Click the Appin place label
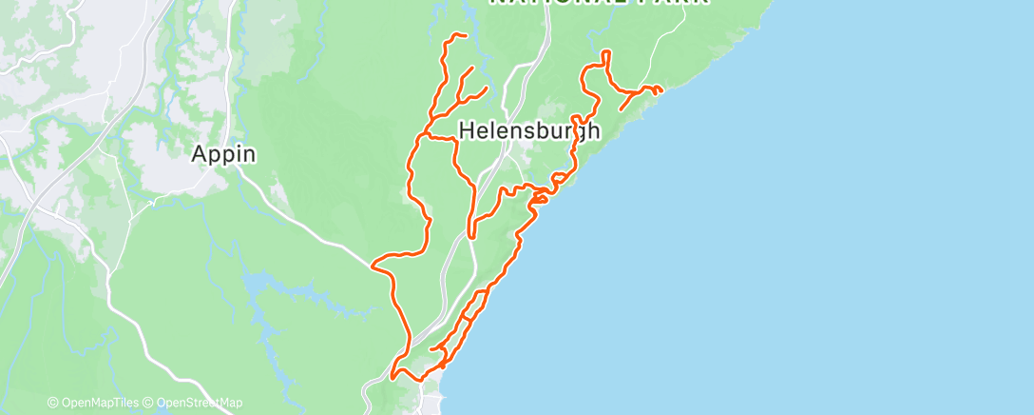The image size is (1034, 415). [224, 153]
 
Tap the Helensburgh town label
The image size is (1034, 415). [529, 131]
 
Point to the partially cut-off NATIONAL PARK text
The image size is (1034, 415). [599, 3]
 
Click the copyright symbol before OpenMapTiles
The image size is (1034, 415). [53, 404]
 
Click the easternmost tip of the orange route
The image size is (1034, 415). [661, 91]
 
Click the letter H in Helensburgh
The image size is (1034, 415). [468, 131]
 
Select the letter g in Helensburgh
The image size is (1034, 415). [577, 134]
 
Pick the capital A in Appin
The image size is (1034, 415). [201, 153]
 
